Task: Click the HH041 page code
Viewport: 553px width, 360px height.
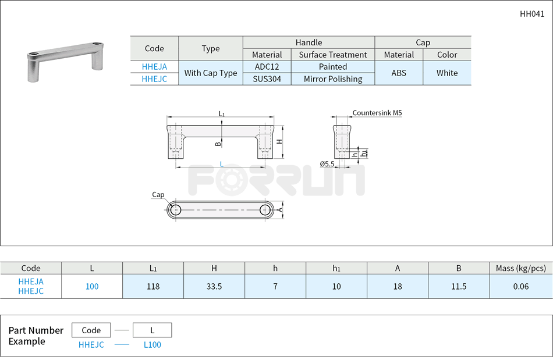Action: (532, 14)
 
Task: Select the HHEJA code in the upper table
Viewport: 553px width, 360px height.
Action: (154, 67)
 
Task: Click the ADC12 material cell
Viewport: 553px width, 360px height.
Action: (267, 67)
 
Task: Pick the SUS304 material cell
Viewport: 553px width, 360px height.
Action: (267, 79)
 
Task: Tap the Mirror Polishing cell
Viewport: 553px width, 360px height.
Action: (333, 79)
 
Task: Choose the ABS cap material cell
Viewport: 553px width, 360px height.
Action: (399, 73)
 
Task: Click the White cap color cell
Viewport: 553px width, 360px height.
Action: (447, 73)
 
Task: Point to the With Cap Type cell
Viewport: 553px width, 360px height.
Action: (211, 73)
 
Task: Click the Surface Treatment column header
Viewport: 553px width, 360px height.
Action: (333, 55)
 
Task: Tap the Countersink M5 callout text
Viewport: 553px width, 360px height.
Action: (377, 113)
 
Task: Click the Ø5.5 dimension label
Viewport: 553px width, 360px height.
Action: (327, 165)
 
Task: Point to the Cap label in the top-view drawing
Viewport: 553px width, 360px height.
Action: (158, 195)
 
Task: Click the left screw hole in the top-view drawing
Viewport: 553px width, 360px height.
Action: (176, 209)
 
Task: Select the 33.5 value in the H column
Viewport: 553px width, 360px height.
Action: (214, 286)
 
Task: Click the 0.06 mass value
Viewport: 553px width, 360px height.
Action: (521, 286)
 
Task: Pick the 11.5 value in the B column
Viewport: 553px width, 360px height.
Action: (459, 286)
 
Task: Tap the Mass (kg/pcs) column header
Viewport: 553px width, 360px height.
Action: (521, 268)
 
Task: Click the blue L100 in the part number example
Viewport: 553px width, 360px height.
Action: (153, 345)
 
